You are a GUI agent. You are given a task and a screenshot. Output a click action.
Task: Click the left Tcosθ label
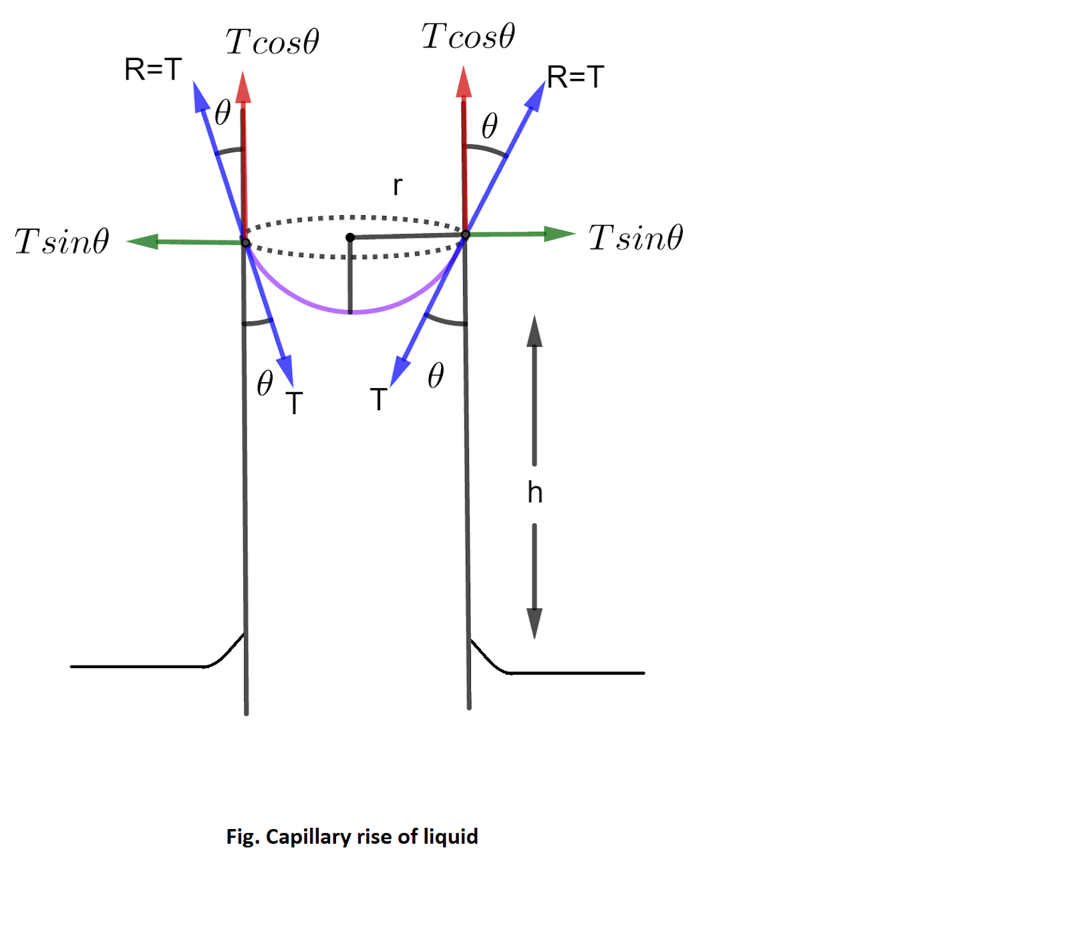pos(272,42)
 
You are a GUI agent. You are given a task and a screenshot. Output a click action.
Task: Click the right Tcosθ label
pos(468,36)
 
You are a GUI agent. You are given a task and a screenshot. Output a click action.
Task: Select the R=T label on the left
pos(153,69)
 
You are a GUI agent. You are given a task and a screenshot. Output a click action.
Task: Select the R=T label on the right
pos(575,77)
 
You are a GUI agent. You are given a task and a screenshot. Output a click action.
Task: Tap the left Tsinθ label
pos(62,241)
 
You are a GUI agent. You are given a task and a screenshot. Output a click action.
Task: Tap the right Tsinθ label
pos(635,238)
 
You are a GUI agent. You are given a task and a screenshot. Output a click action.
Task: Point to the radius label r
pos(398,186)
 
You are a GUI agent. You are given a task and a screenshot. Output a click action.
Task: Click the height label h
pos(534,493)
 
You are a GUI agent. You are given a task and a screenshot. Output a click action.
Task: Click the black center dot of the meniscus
pos(350,237)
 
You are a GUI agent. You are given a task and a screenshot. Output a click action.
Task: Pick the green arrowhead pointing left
pos(142,241)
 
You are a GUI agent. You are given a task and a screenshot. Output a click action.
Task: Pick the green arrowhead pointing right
pos(560,234)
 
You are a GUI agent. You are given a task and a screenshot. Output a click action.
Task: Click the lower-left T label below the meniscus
pos(294,404)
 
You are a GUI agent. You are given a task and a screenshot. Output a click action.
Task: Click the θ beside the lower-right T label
pos(436,376)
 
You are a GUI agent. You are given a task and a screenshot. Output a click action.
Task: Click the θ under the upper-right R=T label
pos(490,126)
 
